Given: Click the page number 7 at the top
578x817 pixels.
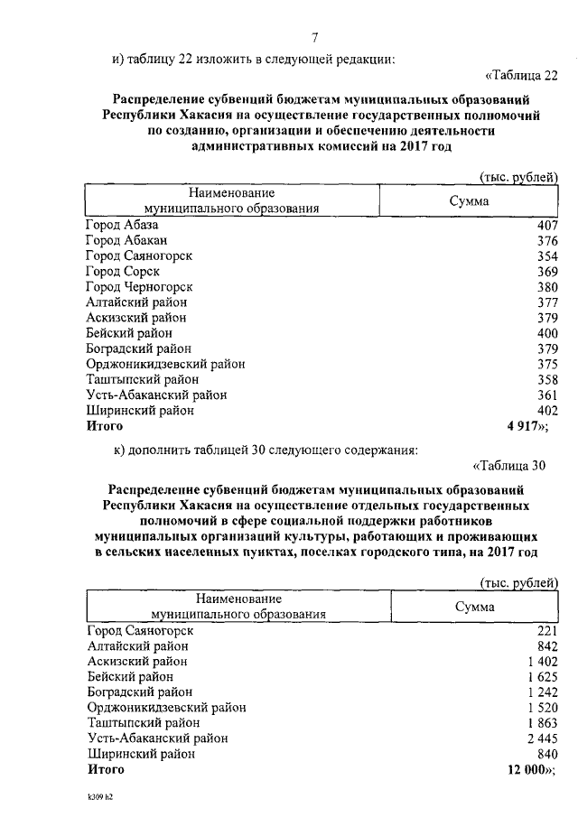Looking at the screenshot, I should tap(314, 37).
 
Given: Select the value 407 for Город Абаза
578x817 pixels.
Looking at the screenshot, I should tap(548, 225).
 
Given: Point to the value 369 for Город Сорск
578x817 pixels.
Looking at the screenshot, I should tap(548, 271).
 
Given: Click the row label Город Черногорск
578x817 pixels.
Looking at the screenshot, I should tap(139, 286).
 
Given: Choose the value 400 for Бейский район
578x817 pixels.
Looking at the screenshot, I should tap(548, 333).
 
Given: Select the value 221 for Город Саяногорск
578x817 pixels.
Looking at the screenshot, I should tap(548, 631).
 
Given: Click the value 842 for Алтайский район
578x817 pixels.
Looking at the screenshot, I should tap(548, 646).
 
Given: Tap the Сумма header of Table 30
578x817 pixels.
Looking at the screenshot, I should tap(474, 608).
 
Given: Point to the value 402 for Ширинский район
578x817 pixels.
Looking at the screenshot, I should tap(548, 410).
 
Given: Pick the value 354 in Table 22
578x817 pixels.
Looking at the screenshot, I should tap(548, 255).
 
